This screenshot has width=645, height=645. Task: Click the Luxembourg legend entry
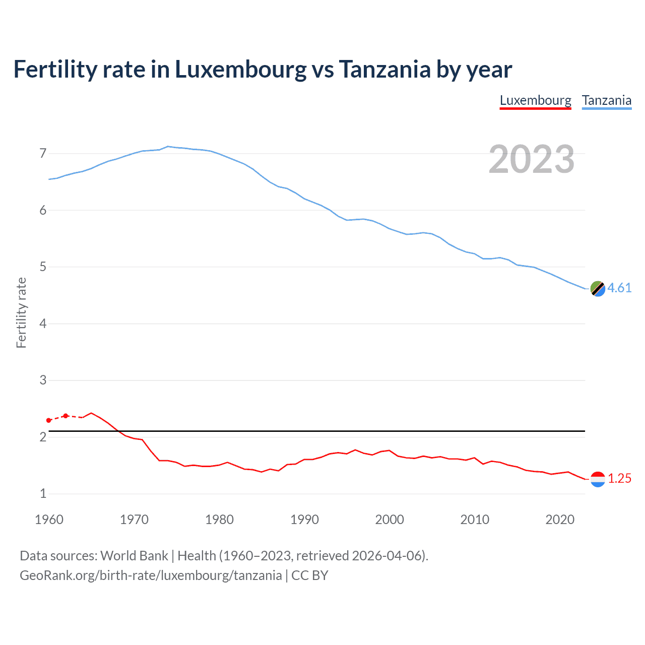535,101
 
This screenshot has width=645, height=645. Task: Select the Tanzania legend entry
606,101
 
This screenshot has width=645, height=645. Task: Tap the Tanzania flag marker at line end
598,289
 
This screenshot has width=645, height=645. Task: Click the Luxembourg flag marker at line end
598,479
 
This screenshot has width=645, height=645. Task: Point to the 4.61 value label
619,288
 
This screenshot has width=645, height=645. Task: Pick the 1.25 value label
619,478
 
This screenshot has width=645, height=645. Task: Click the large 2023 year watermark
532,159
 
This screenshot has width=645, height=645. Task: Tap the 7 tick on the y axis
43,153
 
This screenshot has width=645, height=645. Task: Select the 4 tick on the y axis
43,324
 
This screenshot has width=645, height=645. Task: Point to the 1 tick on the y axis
43,494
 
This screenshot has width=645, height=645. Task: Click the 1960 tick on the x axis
49,520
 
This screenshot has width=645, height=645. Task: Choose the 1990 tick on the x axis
304,520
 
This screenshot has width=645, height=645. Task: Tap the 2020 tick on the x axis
560,520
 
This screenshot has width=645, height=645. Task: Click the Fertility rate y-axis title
21,312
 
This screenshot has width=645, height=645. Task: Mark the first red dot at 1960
48,420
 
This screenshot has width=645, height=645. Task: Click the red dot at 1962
66,416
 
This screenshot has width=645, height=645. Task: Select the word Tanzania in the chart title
384,70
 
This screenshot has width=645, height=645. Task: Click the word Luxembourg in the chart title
240,70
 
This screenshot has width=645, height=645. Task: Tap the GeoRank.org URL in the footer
151,575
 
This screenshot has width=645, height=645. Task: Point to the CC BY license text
310,575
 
